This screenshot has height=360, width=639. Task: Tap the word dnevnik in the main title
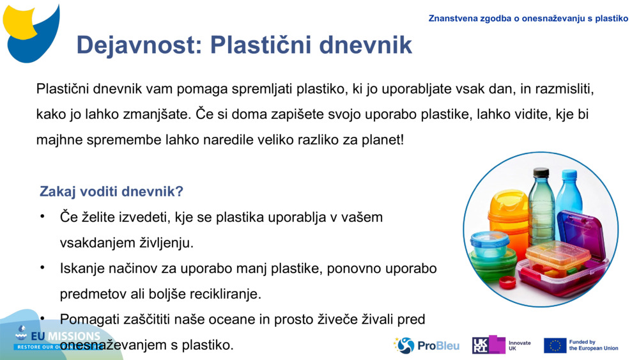[366, 45]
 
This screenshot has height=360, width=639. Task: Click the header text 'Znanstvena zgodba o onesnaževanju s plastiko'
[528, 19]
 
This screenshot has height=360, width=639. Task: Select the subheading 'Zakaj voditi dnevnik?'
[111, 192]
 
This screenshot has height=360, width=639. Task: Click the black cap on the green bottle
[541, 173]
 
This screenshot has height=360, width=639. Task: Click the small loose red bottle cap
[507, 282]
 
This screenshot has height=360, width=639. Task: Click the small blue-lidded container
[489, 243]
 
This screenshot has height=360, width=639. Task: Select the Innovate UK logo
[502, 345]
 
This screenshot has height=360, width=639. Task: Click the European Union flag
[555, 345]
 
